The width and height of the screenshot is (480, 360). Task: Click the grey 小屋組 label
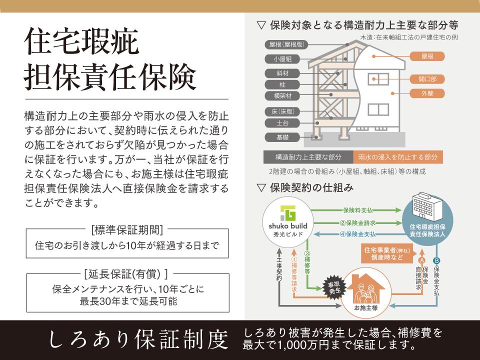click(x=282, y=59)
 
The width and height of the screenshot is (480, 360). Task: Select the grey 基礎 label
click(x=282, y=137)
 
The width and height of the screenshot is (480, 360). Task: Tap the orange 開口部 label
click(x=427, y=79)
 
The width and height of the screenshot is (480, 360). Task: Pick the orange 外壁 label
click(x=427, y=93)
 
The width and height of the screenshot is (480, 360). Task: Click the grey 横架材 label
click(x=282, y=96)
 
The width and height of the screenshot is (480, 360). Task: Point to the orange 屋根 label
click(x=427, y=56)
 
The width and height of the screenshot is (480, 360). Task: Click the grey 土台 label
click(x=282, y=123)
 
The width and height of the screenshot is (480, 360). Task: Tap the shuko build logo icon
click(x=288, y=213)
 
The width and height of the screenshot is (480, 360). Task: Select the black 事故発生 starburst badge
click(x=334, y=288)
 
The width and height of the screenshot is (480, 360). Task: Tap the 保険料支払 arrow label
click(x=357, y=210)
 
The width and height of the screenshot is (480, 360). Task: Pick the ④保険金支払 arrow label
click(x=357, y=234)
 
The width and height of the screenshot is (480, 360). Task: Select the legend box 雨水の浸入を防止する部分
click(x=398, y=157)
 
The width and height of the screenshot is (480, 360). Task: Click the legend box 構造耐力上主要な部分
click(x=308, y=157)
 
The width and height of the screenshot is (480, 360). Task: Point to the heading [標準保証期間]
click(x=127, y=229)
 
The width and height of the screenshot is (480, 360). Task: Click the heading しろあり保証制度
click(x=138, y=340)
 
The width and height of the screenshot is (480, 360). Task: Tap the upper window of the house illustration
click(x=378, y=79)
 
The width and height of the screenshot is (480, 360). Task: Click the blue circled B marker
click(x=436, y=261)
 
